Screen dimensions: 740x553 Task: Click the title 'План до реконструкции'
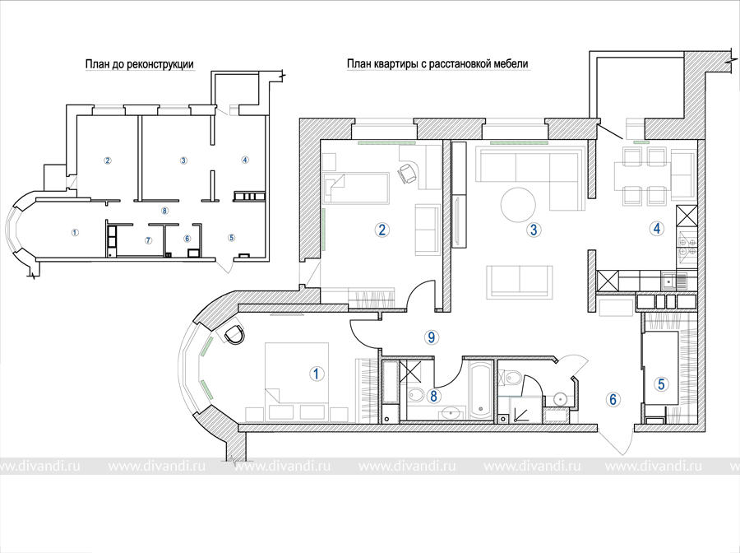tap(139, 64)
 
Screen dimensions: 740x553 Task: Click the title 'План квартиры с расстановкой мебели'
tap(437, 63)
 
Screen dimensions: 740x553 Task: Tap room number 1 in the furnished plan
tap(317, 374)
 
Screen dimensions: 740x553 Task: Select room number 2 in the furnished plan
tap(382, 230)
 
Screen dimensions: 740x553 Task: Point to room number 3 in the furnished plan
tap(534, 230)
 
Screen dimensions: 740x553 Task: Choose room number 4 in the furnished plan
tap(656, 229)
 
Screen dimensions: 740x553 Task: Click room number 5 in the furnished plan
tap(661, 384)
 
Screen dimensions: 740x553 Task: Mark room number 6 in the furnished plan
tap(613, 399)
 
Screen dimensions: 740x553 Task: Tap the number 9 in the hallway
tap(431, 337)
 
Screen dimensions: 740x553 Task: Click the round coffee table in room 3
tap(518, 204)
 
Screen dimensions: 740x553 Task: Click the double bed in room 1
tap(296, 382)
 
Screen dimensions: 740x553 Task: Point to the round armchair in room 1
tap(234, 334)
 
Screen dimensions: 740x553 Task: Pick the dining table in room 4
tap(642, 176)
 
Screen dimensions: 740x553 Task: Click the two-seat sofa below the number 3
tap(519, 282)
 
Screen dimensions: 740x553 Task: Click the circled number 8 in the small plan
tap(164, 211)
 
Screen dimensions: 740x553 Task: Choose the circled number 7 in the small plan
tap(148, 240)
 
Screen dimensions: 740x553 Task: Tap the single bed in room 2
tap(356, 188)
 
